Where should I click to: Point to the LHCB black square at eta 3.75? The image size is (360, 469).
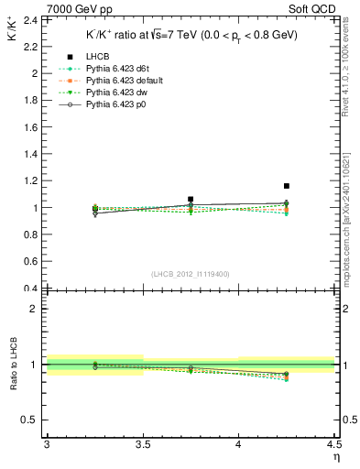point(191,199)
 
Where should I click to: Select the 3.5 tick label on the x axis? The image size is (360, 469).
point(142,444)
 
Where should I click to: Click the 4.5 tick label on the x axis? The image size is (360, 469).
point(333,444)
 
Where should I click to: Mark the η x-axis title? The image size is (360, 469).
point(335,456)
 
